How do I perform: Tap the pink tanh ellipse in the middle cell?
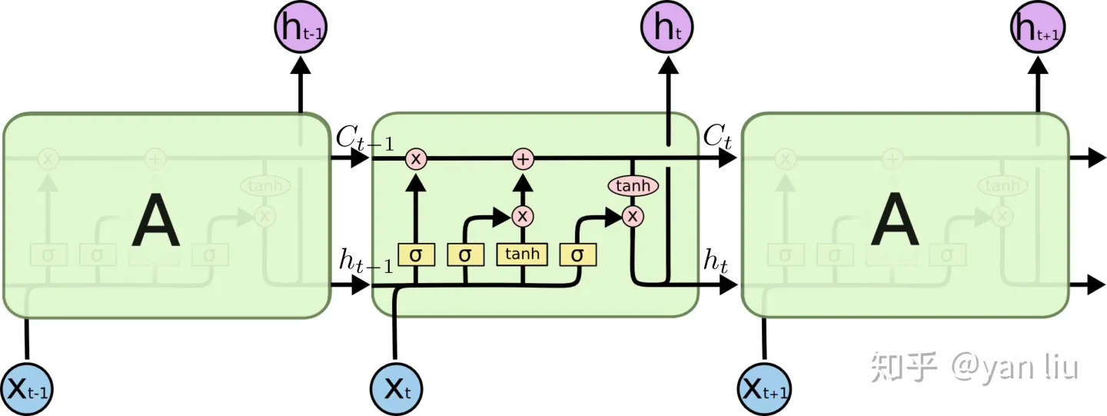point(633,186)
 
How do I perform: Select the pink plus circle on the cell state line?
point(523,159)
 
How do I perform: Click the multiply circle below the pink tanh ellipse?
point(633,217)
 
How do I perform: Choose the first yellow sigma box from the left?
point(416,255)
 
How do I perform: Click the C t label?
point(716,139)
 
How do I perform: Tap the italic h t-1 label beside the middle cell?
point(366,262)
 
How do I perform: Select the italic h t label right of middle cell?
point(715,262)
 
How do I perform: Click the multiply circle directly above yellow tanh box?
point(523,216)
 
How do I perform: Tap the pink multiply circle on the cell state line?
point(416,159)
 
